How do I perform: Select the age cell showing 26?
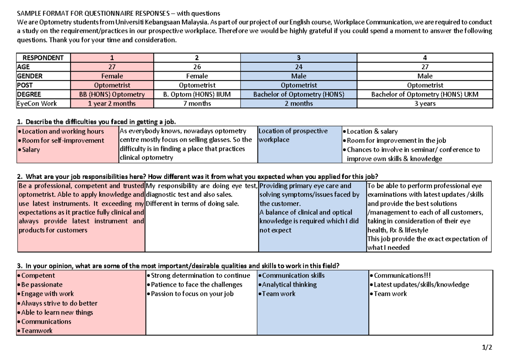(x=197, y=67)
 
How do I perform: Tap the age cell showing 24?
(x=299, y=67)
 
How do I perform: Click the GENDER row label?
(x=30, y=76)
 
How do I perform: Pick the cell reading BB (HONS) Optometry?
(x=112, y=95)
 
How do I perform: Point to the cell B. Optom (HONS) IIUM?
(x=197, y=95)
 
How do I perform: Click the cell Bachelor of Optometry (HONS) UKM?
(x=425, y=95)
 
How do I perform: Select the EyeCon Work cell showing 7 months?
(x=197, y=103)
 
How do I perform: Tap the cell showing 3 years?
(x=425, y=103)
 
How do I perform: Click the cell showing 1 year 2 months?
(x=112, y=103)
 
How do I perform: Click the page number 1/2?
(x=487, y=348)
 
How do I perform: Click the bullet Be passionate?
(x=42, y=285)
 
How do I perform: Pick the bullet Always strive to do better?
(x=59, y=303)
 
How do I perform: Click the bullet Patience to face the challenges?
(x=196, y=285)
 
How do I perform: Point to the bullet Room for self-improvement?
(x=63, y=140)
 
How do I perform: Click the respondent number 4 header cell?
(x=425, y=58)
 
